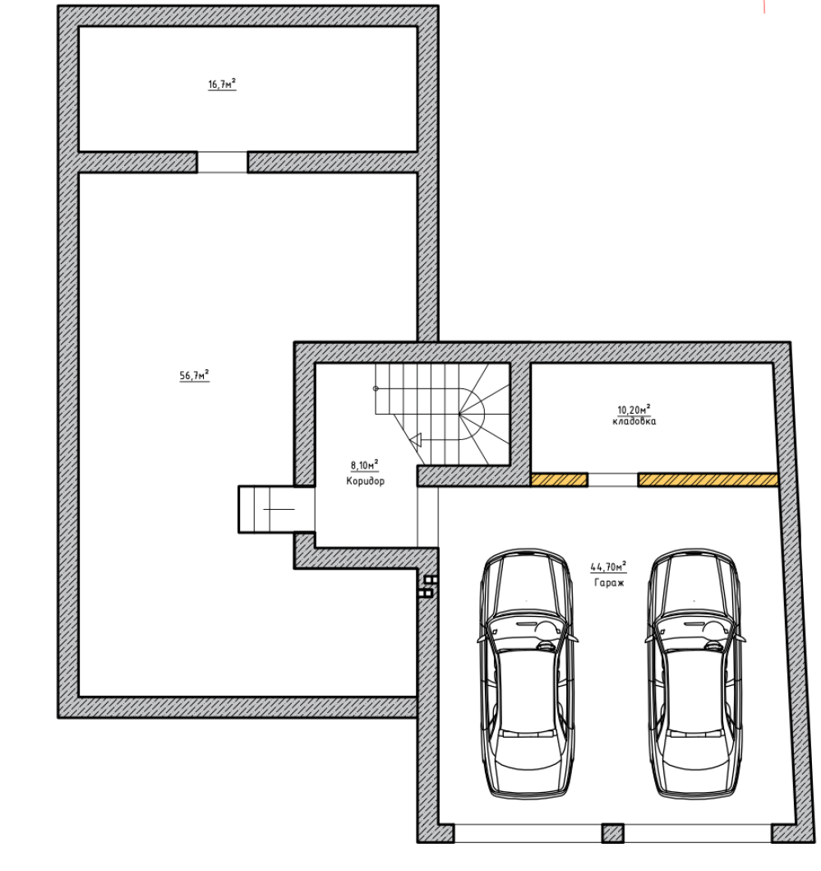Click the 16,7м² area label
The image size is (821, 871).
click(222, 85)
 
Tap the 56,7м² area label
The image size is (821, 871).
click(194, 376)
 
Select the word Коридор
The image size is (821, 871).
click(365, 481)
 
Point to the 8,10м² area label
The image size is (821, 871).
click(365, 465)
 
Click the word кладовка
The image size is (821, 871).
click(634, 421)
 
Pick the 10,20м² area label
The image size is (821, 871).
click(634, 410)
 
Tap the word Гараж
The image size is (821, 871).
click(609, 582)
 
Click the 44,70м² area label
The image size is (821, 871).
click(608, 567)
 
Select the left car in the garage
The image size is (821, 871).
click(527, 674)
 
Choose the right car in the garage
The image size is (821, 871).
click(695, 674)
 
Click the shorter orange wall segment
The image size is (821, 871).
click(560, 480)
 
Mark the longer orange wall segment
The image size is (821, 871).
click(708, 480)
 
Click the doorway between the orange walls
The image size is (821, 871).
click(613, 480)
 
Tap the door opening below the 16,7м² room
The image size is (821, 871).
click(222, 162)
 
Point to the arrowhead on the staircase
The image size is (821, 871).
click(415, 441)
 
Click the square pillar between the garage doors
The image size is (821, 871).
click(613, 833)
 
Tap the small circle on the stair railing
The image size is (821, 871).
click(376, 388)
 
